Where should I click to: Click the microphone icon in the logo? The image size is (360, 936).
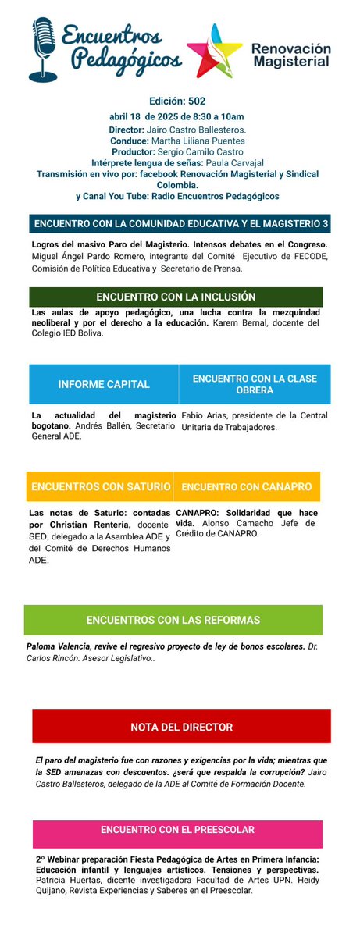(43, 48)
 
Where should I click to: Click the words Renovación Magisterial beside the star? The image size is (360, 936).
(290, 56)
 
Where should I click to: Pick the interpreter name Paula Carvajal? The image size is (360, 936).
(234, 162)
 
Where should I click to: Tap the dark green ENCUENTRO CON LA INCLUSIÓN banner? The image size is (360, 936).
(176, 297)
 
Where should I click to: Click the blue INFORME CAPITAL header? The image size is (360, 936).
(104, 384)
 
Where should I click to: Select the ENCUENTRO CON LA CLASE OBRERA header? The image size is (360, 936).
(254, 384)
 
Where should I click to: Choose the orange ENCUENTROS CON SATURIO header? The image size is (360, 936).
(101, 486)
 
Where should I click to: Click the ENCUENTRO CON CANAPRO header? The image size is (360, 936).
(246, 486)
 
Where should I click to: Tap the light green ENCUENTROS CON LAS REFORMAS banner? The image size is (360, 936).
(173, 620)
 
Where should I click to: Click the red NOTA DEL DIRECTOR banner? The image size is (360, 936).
(181, 727)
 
